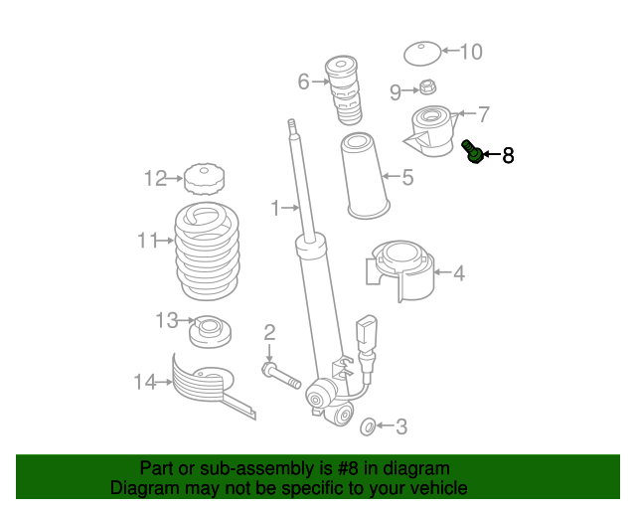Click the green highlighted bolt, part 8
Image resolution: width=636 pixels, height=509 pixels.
pyautogui.click(x=473, y=152)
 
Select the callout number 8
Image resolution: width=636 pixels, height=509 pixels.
pyautogui.click(x=508, y=155)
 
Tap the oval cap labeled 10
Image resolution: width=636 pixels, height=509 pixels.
pyautogui.click(x=422, y=53)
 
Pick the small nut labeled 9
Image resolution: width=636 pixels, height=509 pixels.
pyautogui.click(x=425, y=86)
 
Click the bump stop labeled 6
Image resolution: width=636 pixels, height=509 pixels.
pyautogui.click(x=343, y=90)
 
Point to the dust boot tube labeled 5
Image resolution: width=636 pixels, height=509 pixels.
pyautogui.click(x=365, y=176)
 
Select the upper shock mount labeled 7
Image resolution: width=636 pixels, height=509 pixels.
pyautogui.click(x=431, y=130)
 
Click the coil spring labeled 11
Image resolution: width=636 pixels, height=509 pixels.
pyautogui.click(x=207, y=251)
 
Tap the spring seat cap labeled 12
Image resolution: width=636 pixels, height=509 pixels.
pyautogui.click(x=205, y=179)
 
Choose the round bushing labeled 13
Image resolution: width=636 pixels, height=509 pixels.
pyautogui.click(x=210, y=331)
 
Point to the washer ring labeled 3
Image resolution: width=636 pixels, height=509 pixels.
pyautogui.click(x=368, y=426)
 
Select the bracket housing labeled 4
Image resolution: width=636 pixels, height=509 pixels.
pyautogui.click(x=399, y=270)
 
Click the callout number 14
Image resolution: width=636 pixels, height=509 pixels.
pyautogui.click(x=145, y=383)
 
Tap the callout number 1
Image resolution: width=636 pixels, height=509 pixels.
pyautogui.click(x=275, y=208)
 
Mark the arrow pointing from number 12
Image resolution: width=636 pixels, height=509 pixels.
pyautogui.click(x=175, y=178)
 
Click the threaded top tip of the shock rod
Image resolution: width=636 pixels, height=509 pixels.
pyautogui.click(x=291, y=126)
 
